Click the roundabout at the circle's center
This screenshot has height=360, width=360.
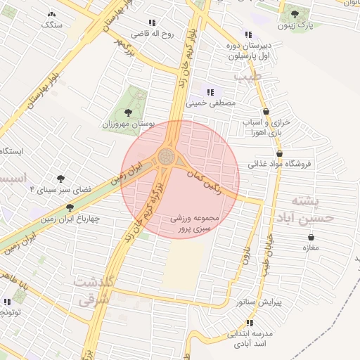pos(167,156)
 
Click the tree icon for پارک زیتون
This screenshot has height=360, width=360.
pos(294,13)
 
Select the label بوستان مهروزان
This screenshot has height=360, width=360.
pos(128,123)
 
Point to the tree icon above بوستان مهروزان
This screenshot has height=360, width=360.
pos(127,112)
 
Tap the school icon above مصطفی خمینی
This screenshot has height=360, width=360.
pos(210,91)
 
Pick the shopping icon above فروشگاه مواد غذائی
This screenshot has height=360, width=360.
pos(280,153)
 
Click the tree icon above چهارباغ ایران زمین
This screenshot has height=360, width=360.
pos(70,207)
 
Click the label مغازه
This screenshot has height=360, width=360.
pos(311,247)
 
